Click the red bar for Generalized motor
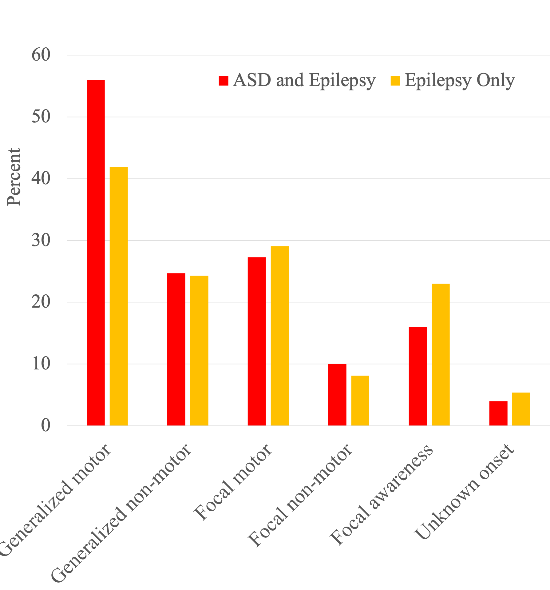(96, 252)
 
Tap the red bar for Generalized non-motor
(176, 349)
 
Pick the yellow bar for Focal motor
(280, 336)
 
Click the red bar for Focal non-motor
(337, 395)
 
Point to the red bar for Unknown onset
(498, 413)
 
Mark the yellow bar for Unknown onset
(521, 409)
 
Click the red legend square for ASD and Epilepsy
(224, 81)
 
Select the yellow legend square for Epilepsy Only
(395, 81)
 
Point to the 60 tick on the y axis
(41, 55)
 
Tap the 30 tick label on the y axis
(41, 241)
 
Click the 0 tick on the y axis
(46, 426)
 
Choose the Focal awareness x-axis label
(381, 495)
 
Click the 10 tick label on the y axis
(41, 364)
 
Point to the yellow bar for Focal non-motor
(360, 401)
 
